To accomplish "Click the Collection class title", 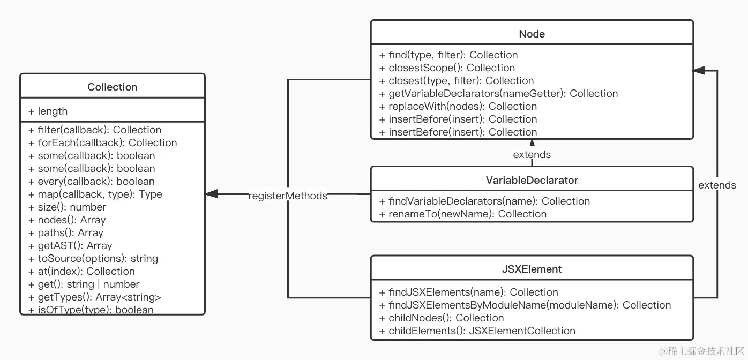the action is click(112, 87).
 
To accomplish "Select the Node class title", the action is click(532, 34).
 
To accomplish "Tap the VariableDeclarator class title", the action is click(532, 180).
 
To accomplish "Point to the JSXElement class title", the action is click(532, 269).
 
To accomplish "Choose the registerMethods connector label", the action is click(288, 196).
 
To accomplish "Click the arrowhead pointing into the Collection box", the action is click(211, 194).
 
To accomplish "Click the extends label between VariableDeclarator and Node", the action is click(532, 154).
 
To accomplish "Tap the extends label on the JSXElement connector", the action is click(717, 185).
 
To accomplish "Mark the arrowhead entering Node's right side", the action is click(698, 71).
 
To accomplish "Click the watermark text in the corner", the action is click(701, 351).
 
